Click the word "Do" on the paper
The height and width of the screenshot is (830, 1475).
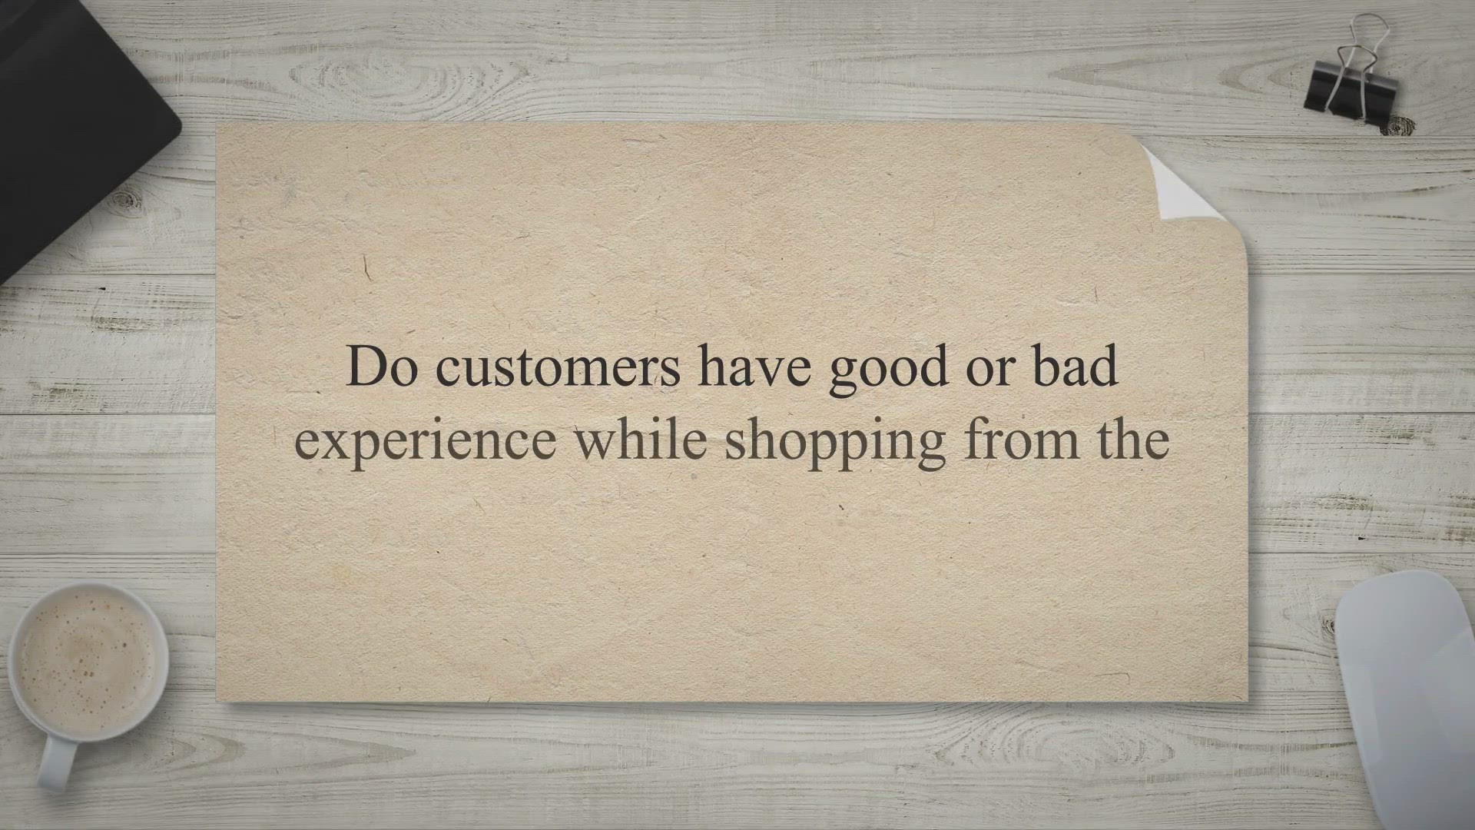pyautogui.click(x=383, y=367)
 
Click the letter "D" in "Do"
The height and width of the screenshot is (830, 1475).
pyautogui.click(x=364, y=367)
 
